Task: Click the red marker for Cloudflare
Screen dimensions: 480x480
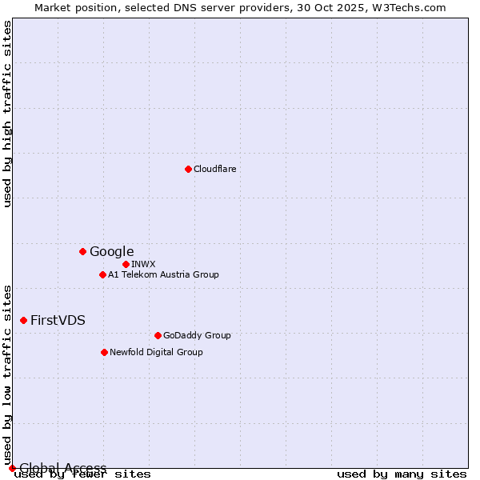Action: [188, 169]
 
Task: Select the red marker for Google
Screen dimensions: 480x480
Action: [82, 251]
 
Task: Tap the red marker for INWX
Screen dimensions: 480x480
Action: [126, 264]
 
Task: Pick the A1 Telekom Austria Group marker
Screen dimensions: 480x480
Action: [102, 274]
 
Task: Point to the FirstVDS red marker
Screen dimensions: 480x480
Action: [23, 320]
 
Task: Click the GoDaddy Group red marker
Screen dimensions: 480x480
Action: [158, 335]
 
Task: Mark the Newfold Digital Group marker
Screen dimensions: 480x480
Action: [104, 352]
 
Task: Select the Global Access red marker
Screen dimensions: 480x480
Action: [12, 468]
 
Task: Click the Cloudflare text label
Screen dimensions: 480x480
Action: [214, 169]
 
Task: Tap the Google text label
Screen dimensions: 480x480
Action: [111, 251]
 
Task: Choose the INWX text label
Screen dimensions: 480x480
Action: [143, 264]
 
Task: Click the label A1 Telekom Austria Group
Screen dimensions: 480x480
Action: [163, 274]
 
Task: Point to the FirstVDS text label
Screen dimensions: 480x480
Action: [58, 320]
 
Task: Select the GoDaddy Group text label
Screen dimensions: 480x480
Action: [196, 335]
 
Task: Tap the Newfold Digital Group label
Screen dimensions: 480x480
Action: [156, 352]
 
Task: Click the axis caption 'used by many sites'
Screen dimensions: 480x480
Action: [402, 474]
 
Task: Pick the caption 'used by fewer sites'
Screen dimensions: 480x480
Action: [82, 474]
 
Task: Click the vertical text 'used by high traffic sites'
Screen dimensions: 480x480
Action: [8, 114]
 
